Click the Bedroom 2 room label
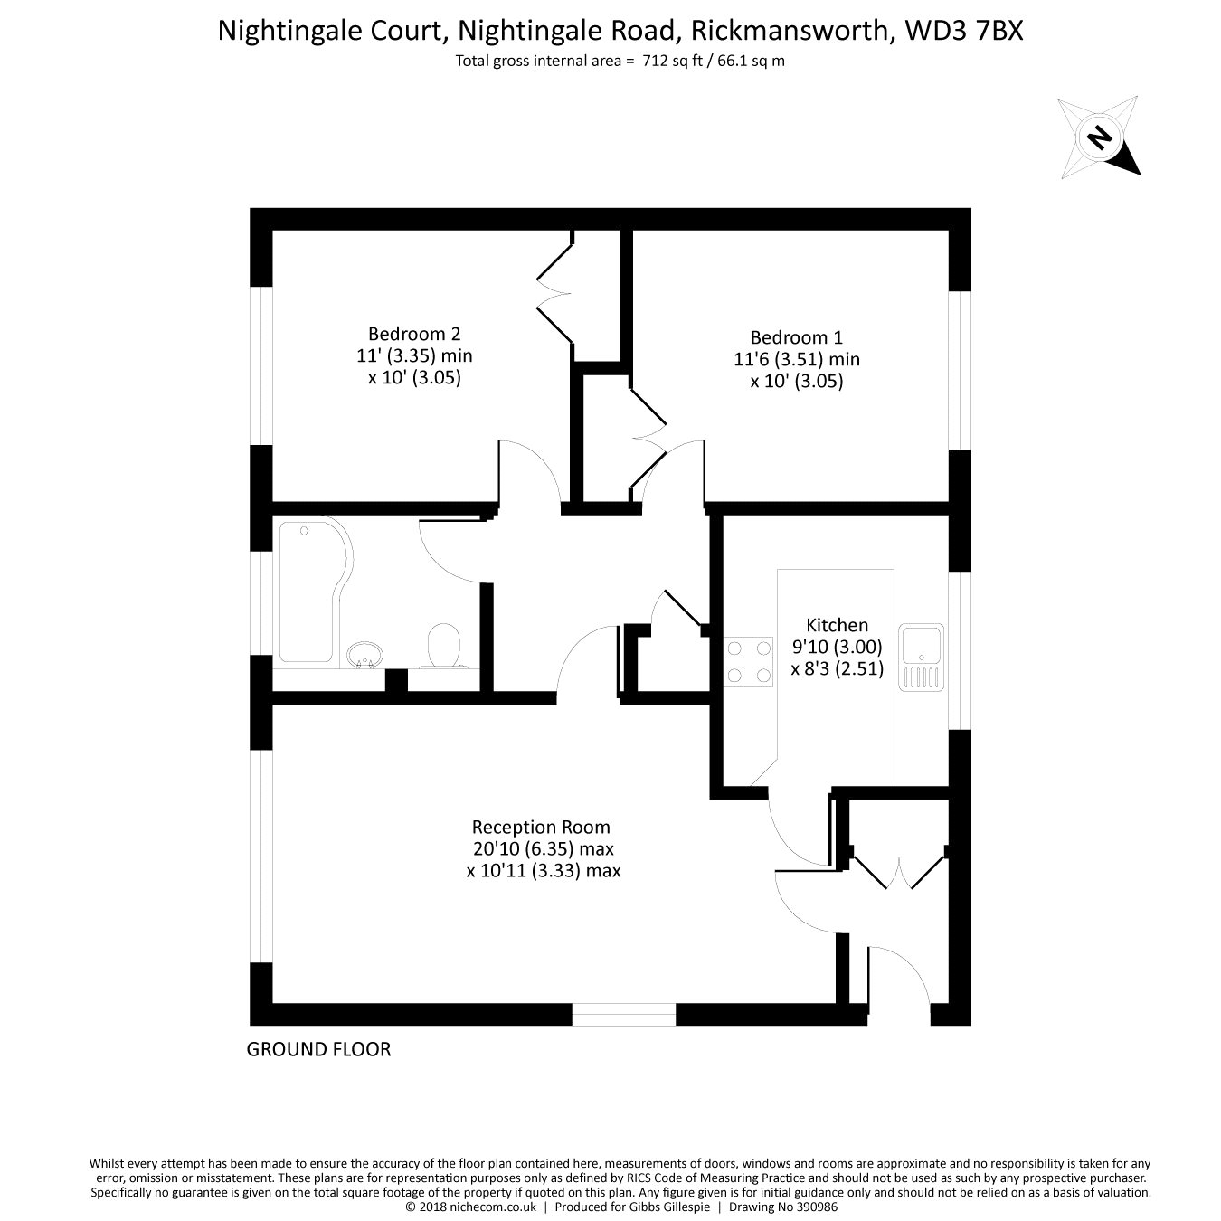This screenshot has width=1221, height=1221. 413,334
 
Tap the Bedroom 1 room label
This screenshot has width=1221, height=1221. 797,337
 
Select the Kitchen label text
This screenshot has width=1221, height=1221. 837,625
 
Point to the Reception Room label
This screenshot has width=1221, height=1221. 541,827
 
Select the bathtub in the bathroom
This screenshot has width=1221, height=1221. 315,592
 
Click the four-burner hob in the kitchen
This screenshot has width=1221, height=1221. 748,661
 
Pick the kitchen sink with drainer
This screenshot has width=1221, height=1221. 921,657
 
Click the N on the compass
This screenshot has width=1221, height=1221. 1099,137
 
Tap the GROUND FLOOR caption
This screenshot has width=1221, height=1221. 318,1049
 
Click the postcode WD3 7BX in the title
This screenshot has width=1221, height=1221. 964,31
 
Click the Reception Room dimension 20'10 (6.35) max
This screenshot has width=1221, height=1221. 543,848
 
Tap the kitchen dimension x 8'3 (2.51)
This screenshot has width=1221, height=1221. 837,669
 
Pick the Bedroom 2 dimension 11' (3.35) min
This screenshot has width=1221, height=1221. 414,355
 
